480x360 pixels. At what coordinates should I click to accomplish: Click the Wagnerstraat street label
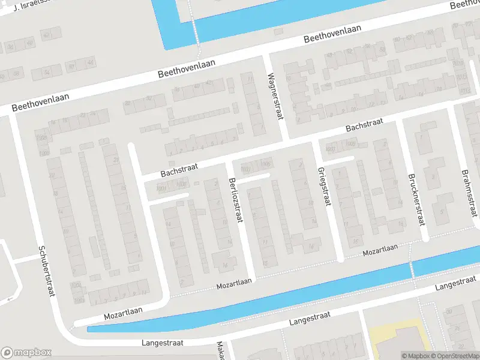[x=275, y=97]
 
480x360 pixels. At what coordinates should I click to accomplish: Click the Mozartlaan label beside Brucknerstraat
[x=380, y=250]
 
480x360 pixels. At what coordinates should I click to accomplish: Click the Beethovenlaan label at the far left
[x=40, y=103]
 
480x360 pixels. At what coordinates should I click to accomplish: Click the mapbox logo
[x=26, y=353]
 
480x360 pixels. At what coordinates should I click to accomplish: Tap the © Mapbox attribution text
[x=415, y=356]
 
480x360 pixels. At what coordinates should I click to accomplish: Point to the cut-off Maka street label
[x=220, y=352]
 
